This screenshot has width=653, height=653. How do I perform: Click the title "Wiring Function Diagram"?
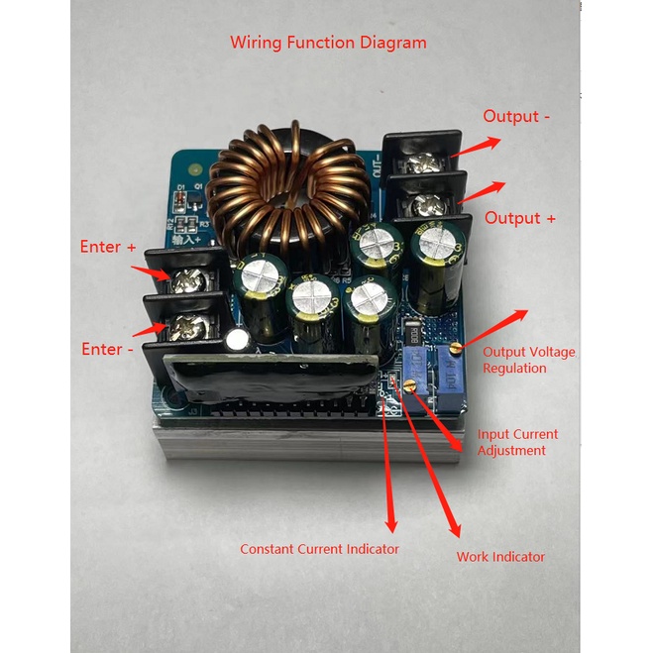[x=328, y=43]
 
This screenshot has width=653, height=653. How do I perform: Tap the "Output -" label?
[x=516, y=117]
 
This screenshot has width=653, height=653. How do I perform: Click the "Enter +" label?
[x=108, y=247]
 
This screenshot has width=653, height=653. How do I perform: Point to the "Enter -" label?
[x=107, y=349]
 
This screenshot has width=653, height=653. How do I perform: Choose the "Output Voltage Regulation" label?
[x=528, y=360]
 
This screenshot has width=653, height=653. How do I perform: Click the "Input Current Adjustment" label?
[x=517, y=442]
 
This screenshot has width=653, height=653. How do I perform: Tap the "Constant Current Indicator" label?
[x=319, y=549]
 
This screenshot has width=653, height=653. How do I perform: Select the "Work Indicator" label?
[x=500, y=557]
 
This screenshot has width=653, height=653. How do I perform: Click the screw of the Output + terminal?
[x=427, y=205]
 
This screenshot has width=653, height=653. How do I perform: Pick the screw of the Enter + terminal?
[x=185, y=280]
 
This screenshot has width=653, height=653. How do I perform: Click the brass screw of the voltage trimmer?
[x=455, y=348]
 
